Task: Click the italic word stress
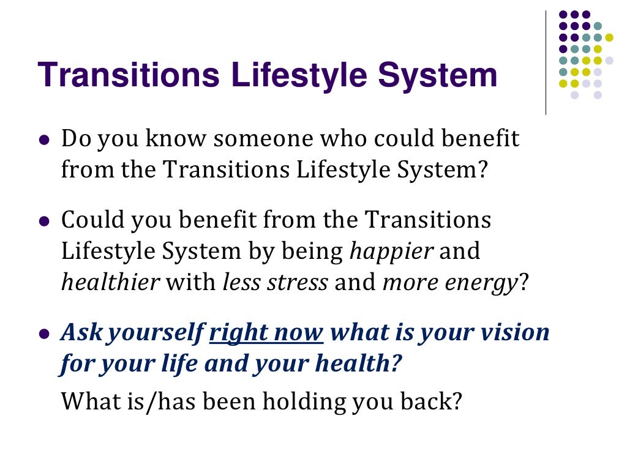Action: coord(301,283)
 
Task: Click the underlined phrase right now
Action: coord(266,334)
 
